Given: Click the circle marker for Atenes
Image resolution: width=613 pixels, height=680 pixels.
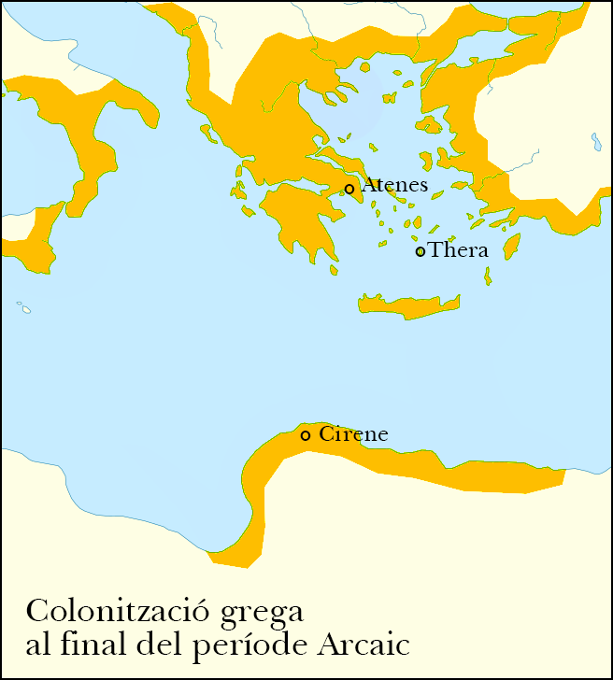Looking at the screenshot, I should pos(349,189).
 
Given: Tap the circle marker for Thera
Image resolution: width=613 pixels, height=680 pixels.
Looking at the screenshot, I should pos(421,251).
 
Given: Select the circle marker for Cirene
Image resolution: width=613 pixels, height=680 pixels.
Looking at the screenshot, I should pos(306,435).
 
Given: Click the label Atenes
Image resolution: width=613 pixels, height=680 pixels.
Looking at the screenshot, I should pos(394,185).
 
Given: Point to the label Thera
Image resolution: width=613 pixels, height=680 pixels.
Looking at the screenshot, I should pos(459,250).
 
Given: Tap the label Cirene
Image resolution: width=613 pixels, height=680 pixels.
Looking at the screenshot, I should pos(353,434).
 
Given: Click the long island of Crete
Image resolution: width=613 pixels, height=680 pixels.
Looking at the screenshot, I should pos(409,305).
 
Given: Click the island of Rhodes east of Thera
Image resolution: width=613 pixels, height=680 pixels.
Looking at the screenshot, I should pos(511,248).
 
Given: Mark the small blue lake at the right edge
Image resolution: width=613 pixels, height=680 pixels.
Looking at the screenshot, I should pos(595,142).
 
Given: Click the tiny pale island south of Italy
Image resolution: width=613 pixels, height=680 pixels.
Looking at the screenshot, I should pos(23,306).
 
